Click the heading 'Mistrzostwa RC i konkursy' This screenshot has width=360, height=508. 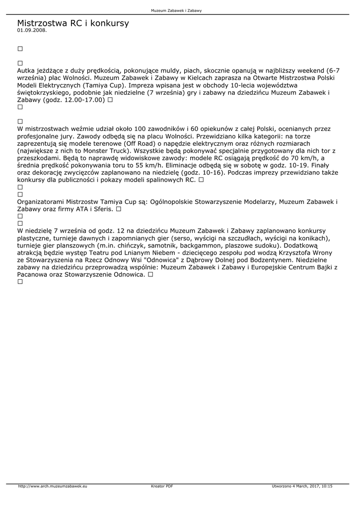pyautogui.click(x=72, y=23)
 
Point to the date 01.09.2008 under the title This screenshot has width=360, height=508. pyautogui.click(x=32, y=30)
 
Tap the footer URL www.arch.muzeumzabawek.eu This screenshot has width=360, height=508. pyautogui.click(x=53, y=486)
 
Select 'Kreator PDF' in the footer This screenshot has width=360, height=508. pyautogui.click(x=162, y=486)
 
